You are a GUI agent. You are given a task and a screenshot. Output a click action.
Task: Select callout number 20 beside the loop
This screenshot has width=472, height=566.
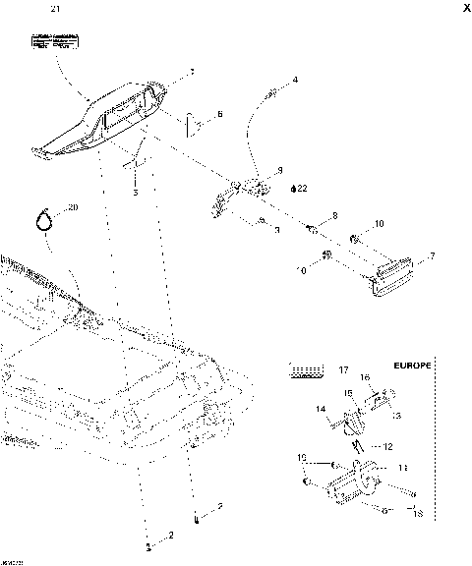click(x=70, y=208)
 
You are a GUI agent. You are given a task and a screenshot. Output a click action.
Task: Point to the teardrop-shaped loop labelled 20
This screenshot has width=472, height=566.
click(x=42, y=221)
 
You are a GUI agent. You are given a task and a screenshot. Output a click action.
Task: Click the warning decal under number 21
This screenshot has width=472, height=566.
click(x=53, y=43)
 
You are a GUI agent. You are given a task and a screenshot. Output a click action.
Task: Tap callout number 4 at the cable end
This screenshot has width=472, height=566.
click(x=296, y=79)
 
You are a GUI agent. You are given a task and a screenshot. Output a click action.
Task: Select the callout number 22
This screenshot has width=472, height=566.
click(x=303, y=187)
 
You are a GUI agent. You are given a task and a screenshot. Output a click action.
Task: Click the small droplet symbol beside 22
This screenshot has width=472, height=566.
click(x=292, y=187)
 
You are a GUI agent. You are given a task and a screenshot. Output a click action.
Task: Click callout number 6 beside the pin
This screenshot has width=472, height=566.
click(x=219, y=115)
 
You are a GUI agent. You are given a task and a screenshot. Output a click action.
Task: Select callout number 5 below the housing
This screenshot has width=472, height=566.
click(x=136, y=194)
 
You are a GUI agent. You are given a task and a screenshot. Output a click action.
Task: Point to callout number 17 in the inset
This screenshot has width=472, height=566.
click(x=343, y=370)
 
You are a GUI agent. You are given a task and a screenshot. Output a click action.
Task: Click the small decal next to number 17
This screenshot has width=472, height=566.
click(x=305, y=370)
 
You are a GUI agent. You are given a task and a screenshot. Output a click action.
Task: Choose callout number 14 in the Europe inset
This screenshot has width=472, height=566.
click(x=319, y=409)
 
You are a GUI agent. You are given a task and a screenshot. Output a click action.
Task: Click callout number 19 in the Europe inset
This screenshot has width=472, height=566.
click(x=303, y=458)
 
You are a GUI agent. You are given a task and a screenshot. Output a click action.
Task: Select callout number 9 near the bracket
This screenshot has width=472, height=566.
click(x=279, y=169)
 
